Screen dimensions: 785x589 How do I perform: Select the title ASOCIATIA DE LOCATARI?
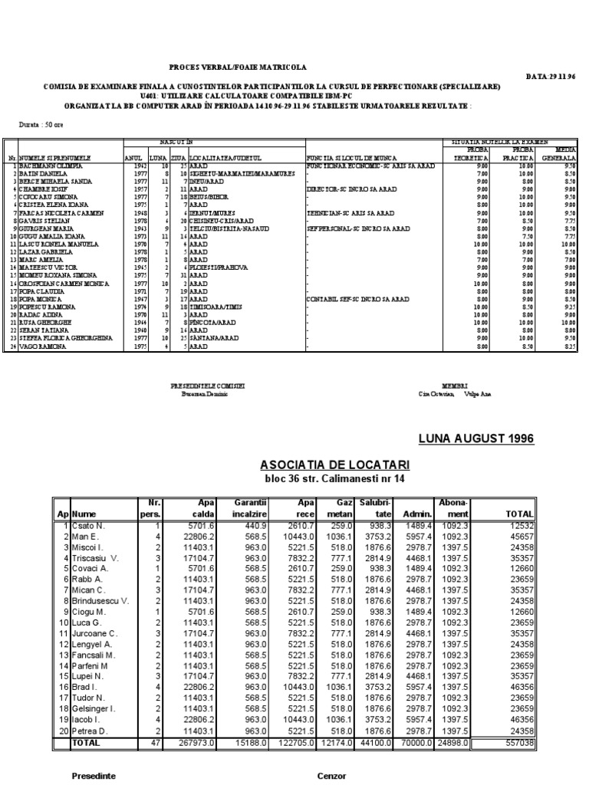coord(334,465)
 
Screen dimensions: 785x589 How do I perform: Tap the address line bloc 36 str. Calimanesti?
coord(334,479)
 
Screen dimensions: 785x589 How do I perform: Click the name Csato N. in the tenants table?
coord(90,525)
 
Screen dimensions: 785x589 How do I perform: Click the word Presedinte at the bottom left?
coord(94,776)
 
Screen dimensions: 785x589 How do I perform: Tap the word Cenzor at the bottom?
coord(332,776)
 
